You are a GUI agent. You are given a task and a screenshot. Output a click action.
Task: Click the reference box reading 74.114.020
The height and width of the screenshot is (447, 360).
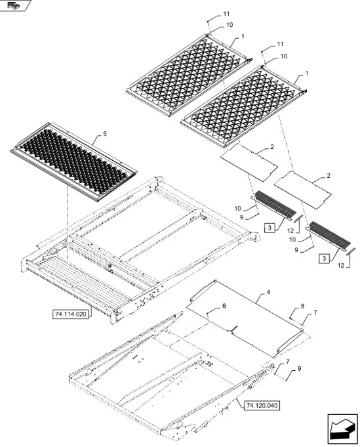70,314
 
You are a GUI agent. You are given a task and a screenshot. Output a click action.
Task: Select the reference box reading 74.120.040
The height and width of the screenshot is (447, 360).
262,406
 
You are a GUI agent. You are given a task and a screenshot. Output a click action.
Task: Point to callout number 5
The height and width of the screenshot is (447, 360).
105,134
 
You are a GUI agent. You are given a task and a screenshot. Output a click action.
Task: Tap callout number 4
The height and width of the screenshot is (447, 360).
268,292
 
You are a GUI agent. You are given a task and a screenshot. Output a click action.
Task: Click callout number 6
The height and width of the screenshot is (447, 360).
224,306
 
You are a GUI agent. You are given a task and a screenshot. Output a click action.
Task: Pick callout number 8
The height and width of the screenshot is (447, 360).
302,306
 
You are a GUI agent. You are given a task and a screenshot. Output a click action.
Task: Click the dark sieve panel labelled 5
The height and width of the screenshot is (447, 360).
73,161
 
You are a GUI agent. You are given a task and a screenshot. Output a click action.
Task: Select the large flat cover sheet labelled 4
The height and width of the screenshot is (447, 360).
245,318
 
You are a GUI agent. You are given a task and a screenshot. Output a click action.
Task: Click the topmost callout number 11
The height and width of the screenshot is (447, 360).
226,14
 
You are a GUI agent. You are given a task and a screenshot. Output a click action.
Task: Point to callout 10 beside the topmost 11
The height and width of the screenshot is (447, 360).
230,25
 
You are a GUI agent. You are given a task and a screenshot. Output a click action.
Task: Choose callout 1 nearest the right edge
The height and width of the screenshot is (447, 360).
307,74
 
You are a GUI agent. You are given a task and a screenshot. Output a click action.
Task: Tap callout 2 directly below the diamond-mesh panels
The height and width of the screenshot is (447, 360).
272,146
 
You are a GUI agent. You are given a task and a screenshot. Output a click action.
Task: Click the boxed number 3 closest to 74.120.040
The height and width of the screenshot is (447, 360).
325,259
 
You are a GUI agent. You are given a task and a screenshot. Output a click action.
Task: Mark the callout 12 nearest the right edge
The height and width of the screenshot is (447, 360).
341,265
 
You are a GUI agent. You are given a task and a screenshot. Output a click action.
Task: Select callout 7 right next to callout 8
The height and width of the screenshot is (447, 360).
315,312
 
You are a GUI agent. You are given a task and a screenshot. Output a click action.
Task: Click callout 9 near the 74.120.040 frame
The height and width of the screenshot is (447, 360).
299,369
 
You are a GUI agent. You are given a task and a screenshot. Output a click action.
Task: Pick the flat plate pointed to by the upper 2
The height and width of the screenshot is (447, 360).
249,163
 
